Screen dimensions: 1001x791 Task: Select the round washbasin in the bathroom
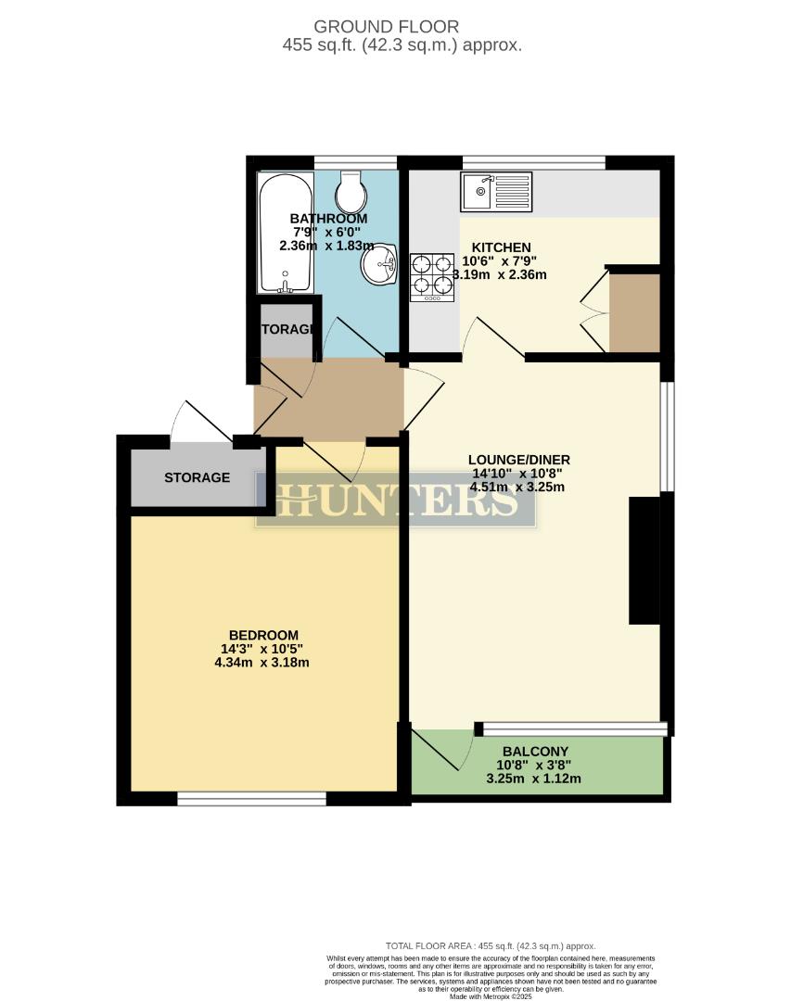(x=379, y=266)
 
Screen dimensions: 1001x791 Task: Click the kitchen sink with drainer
(x=495, y=192)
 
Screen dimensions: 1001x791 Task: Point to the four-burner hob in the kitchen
(x=431, y=276)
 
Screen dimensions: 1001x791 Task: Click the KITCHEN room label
(x=502, y=247)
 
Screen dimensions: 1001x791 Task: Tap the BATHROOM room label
(x=322, y=219)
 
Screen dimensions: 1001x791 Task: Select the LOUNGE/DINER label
(x=518, y=460)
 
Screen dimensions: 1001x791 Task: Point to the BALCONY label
(x=535, y=752)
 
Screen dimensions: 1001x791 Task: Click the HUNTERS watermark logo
(x=396, y=500)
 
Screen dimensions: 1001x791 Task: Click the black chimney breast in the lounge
(x=644, y=560)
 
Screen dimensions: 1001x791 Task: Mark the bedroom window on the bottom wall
(x=251, y=798)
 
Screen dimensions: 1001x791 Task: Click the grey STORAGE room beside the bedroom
(x=198, y=477)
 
